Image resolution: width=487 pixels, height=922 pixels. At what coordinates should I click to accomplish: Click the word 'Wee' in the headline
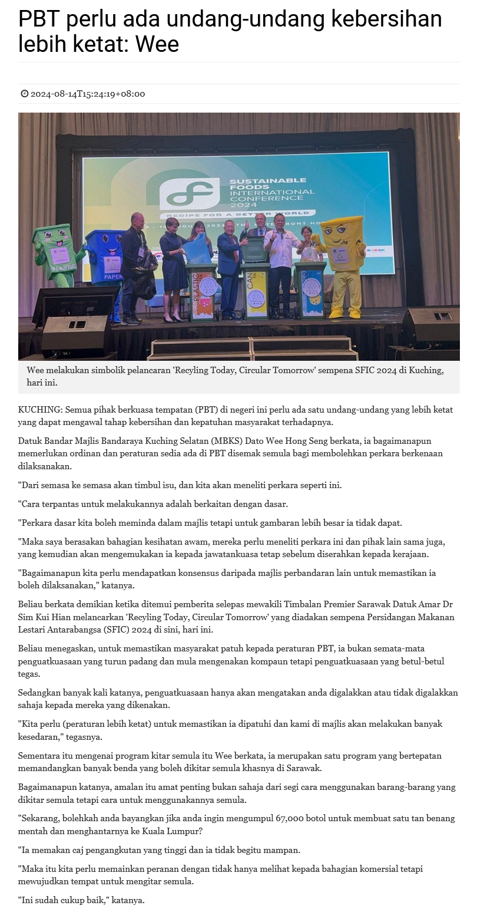(x=157, y=44)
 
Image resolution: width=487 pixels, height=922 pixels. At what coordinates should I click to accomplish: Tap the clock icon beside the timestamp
(x=24, y=94)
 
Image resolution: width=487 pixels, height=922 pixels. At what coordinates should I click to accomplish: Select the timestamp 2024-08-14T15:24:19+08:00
(x=88, y=94)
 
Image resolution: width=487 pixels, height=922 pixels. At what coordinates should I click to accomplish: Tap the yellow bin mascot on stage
(x=343, y=260)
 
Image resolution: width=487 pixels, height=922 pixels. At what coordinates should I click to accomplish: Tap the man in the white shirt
(x=281, y=262)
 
